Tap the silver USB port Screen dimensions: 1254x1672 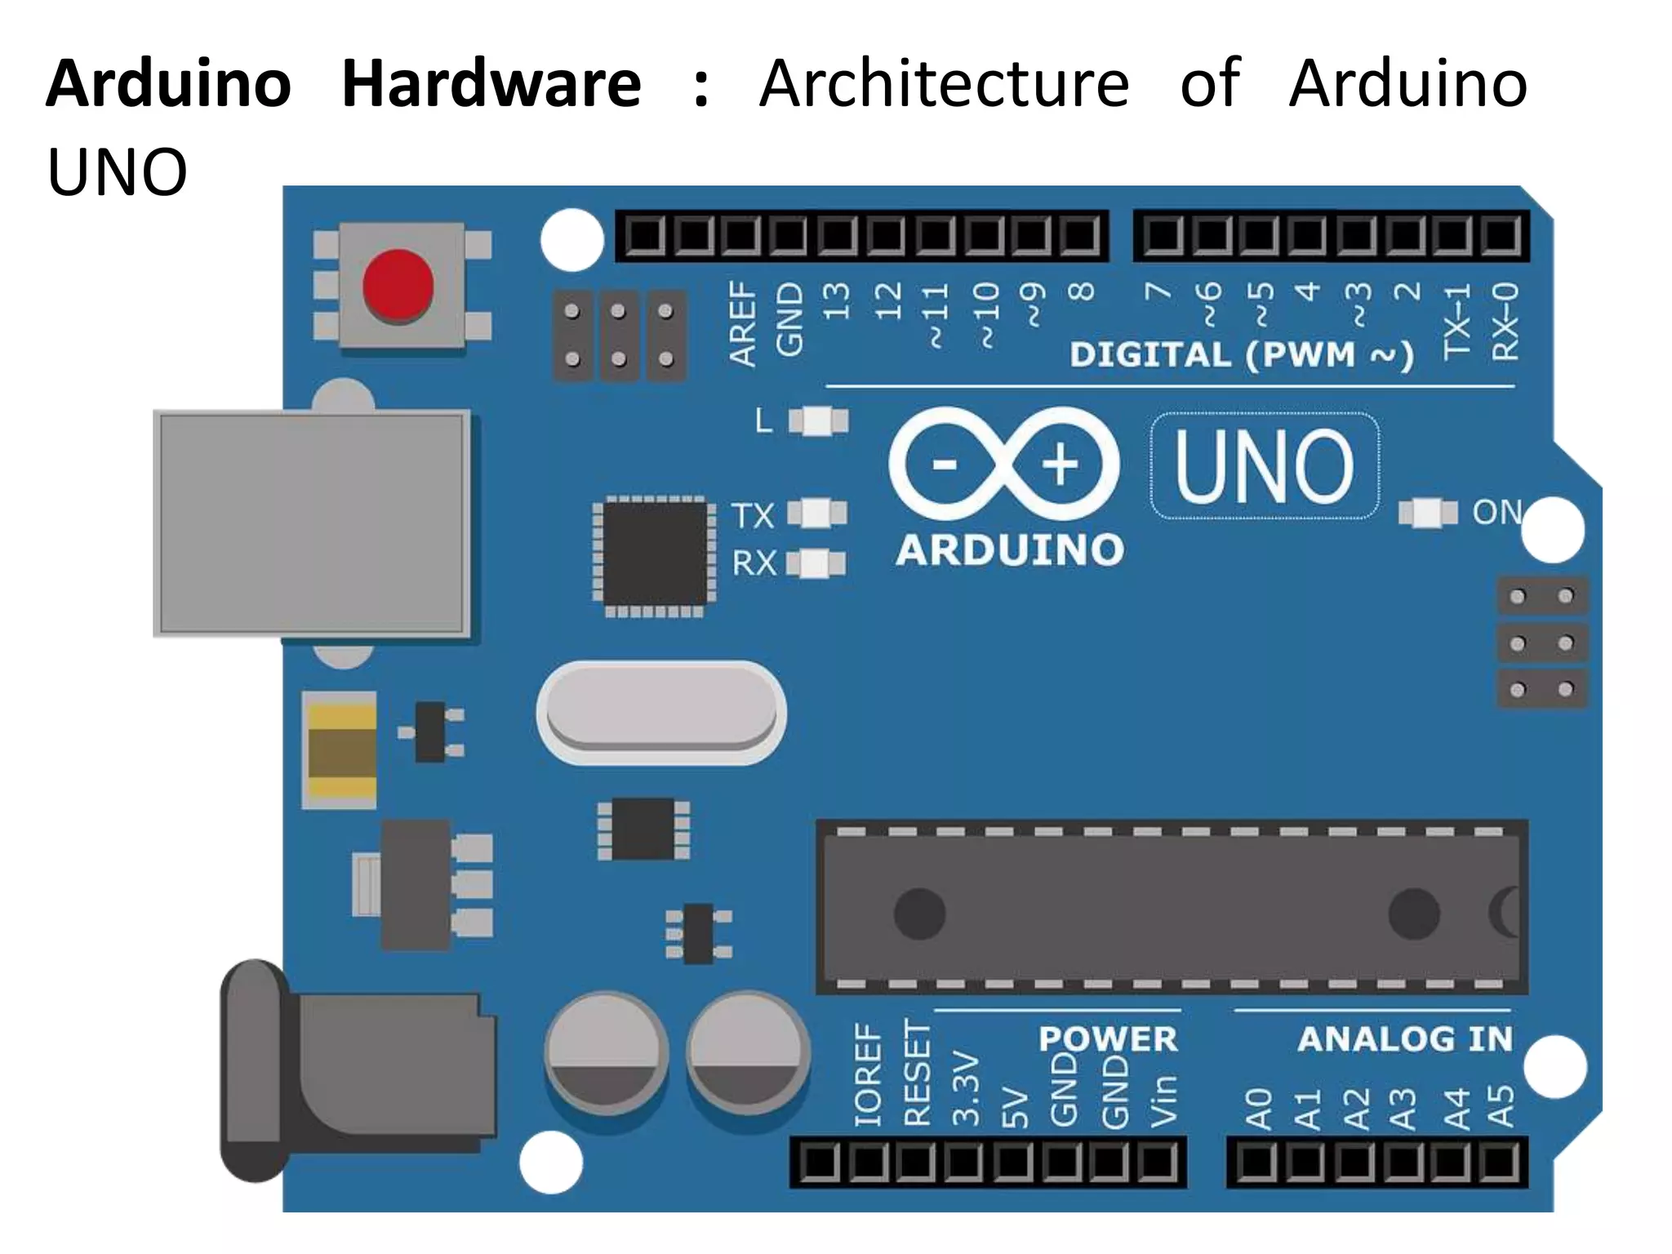[x=312, y=523]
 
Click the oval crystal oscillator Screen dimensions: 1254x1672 [x=660, y=712]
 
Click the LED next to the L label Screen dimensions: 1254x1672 [x=818, y=421]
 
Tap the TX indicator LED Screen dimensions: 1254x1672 [x=816, y=514]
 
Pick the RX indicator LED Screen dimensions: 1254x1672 [x=815, y=563]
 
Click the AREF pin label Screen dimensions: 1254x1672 [x=742, y=323]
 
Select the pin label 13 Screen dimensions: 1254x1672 [x=836, y=301]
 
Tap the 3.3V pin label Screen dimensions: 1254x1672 [x=966, y=1089]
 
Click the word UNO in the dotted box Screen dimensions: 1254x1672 [x=1264, y=466]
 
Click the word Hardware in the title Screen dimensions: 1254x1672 [x=491, y=83]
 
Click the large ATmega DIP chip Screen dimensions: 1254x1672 [x=1171, y=908]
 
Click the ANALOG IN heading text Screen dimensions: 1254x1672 [x=1404, y=1039]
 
